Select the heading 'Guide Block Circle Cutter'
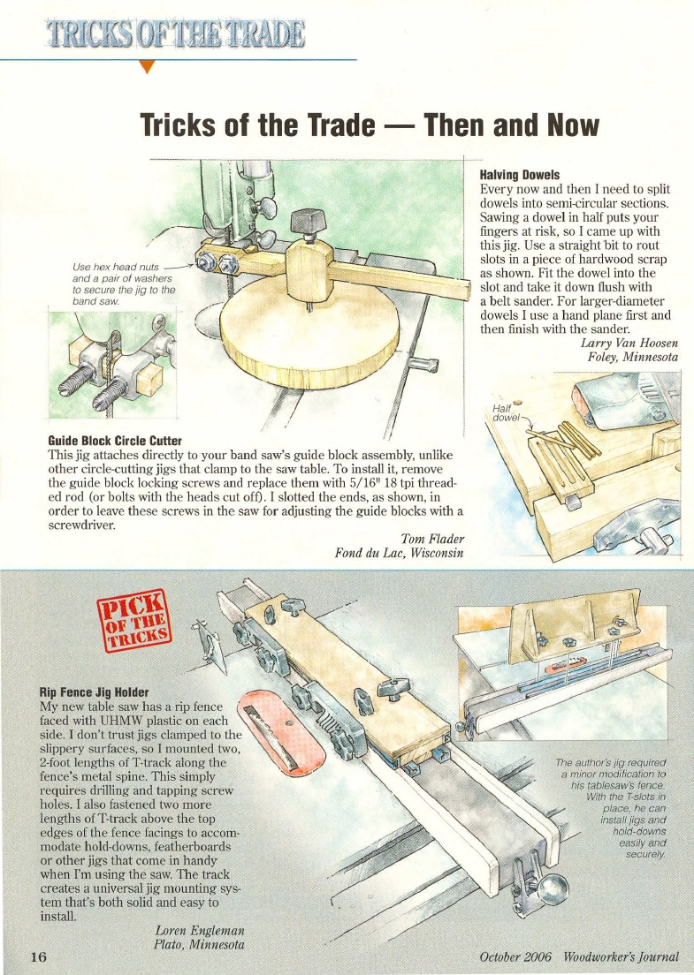[x=115, y=440]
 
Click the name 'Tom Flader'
[x=432, y=539]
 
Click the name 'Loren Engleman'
[x=199, y=931]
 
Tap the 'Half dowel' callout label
[x=507, y=412]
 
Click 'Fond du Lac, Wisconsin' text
[x=400, y=554]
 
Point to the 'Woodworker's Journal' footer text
[x=624, y=957]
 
